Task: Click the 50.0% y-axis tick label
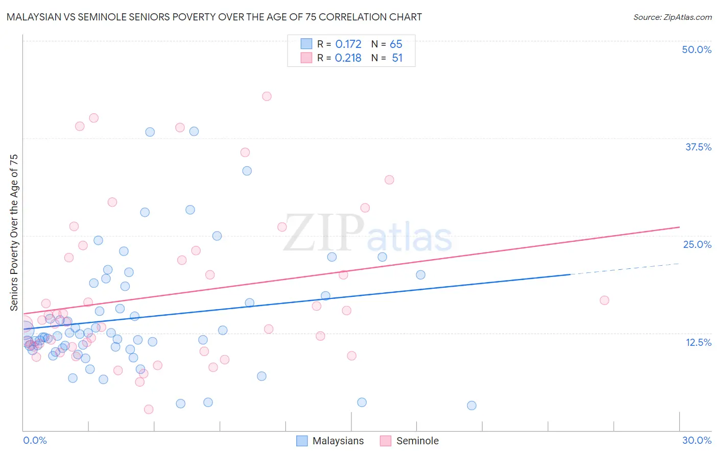pos(697,49)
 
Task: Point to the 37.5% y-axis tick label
pos(698,147)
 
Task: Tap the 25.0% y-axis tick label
pos(697,244)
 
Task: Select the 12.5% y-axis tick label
pos(698,342)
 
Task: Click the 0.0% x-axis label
pos(35,440)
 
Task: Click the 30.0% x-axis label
pos(697,440)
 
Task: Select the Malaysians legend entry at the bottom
pos(330,441)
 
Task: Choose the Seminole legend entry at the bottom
pos(409,441)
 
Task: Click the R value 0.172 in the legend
pos(348,44)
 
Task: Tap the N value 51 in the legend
pos(397,58)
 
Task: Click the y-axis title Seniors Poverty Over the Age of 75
pos(14,233)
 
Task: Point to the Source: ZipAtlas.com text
pos(672,17)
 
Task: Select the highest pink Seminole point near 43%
pos(267,96)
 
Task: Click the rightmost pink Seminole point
pos(604,300)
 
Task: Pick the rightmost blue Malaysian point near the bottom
pos(471,406)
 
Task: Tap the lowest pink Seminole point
pos(149,409)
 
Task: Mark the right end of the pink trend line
pos(679,227)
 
